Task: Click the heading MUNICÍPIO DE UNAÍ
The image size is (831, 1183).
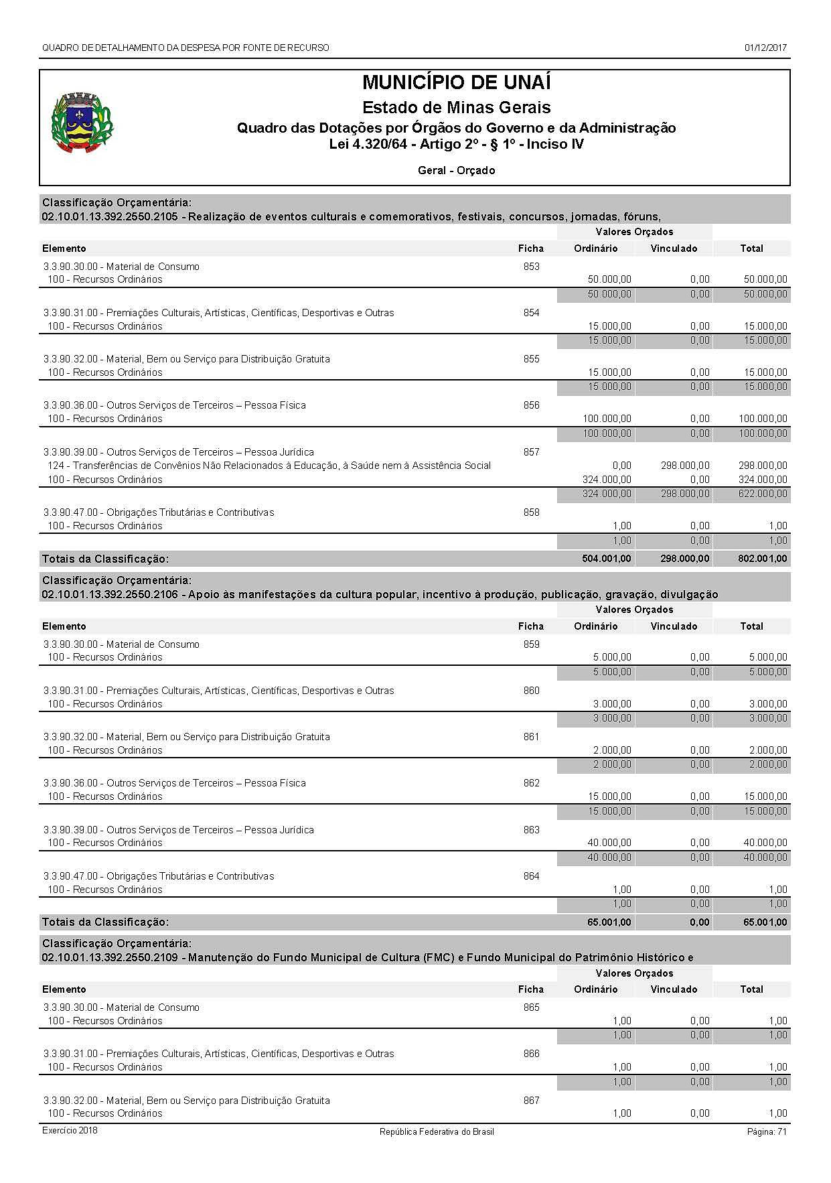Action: [456, 82]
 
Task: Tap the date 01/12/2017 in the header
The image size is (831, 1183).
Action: [765, 48]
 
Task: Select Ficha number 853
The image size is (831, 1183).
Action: [531, 267]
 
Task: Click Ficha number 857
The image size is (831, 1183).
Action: [531, 452]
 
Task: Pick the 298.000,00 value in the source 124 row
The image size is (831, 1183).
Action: [684, 466]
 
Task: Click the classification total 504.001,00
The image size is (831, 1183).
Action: [606, 559]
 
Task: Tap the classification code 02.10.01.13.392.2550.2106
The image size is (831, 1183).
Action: [109, 594]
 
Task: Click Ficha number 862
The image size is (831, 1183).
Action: [531, 783]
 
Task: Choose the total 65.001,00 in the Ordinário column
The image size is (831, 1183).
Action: [609, 922]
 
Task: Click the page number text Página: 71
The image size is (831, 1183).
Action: [766, 1131]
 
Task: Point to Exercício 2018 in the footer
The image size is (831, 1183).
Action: [70, 1130]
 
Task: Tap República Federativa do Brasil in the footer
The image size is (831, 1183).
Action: [437, 1131]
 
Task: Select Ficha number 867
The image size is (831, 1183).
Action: [531, 1101]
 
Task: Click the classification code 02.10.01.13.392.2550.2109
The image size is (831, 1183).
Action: [109, 958]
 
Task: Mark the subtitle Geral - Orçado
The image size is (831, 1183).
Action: [456, 170]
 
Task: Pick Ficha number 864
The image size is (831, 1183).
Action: [531, 876]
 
